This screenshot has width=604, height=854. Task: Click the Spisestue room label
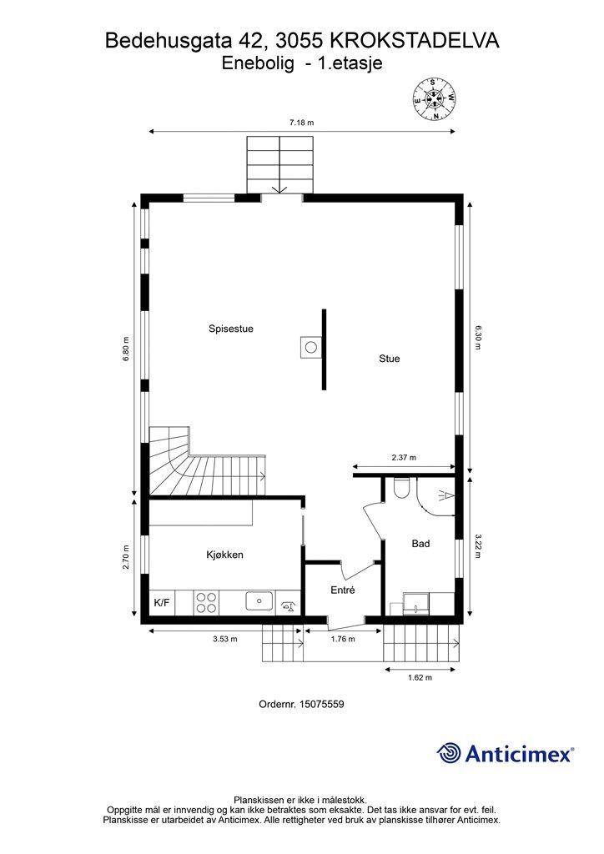click(x=231, y=329)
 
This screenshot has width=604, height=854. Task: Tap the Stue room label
click(x=390, y=359)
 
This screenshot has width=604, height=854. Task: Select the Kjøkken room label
click(x=224, y=555)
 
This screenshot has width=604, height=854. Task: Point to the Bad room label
click(x=420, y=544)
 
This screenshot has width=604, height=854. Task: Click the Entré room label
click(x=343, y=590)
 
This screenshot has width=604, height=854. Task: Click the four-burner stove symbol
click(x=206, y=602)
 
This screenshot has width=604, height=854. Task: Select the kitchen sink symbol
click(x=259, y=600)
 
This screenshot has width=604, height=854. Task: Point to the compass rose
click(x=434, y=98)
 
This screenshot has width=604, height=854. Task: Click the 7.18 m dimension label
click(x=301, y=123)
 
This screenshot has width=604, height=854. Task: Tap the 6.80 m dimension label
click(x=126, y=348)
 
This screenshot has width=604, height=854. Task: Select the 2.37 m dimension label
click(x=404, y=458)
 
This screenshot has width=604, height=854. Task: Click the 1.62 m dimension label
click(x=420, y=678)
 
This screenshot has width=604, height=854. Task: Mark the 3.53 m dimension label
click(x=225, y=640)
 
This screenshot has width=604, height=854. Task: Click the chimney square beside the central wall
click(x=310, y=346)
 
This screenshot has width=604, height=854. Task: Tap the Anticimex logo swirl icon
click(x=449, y=753)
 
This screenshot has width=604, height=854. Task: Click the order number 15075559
click(x=321, y=704)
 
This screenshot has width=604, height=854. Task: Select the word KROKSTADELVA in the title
click(x=415, y=39)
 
